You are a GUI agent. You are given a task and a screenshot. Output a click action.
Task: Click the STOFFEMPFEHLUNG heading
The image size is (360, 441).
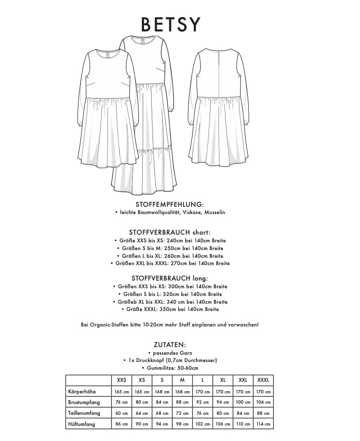pos(169,205)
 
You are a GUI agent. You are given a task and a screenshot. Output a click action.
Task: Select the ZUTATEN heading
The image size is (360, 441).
pos(169,344)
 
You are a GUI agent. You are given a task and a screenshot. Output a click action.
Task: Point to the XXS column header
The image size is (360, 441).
pos(122,380)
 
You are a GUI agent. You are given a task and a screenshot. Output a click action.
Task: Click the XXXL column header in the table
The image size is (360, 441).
pos(263,380)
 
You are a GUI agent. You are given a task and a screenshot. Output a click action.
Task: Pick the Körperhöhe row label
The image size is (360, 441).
pos(82,391)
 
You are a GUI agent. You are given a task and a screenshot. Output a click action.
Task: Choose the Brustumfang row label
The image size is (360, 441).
pos(84,402)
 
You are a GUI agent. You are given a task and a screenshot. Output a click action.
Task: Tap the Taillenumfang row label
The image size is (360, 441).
pos(84,413)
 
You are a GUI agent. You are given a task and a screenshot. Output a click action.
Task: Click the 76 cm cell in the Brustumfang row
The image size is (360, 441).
pos(122,402)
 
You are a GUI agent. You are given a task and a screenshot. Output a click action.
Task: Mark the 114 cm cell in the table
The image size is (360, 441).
pos(263,424)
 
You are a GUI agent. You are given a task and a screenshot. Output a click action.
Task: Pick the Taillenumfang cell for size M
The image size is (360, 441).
pos(182,413)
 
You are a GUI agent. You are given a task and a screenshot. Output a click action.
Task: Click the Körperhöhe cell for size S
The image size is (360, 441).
pos(162,392)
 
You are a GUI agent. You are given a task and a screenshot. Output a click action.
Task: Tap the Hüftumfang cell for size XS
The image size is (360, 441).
pos(142,424)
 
